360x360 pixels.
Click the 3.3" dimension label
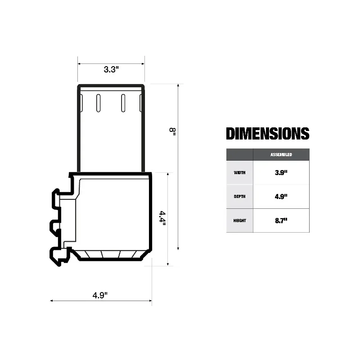click(x=111, y=70)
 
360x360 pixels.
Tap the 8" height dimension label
click(x=172, y=130)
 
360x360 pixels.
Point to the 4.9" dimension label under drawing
click(x=100, y=295)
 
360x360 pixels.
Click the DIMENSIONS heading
click(x=267, y=134)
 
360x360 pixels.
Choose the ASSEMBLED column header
click(x=281, y=154)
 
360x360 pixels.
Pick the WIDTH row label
click(x=239, y=172)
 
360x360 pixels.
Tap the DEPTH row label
click(x=239, y=197)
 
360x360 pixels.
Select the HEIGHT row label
click(x=239, y=220)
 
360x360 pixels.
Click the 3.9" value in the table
click(x=281, y=172)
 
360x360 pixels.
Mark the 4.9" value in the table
click(x=281, y=197)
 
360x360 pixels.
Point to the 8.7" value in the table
click(x=281, y=220)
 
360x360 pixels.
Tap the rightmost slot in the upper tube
click(x=141, y=103)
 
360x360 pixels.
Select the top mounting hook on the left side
click(x=56, y=198)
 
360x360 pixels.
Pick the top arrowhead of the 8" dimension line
click(x=179, y=85)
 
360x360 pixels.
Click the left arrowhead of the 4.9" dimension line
click(x=52, y=301)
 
